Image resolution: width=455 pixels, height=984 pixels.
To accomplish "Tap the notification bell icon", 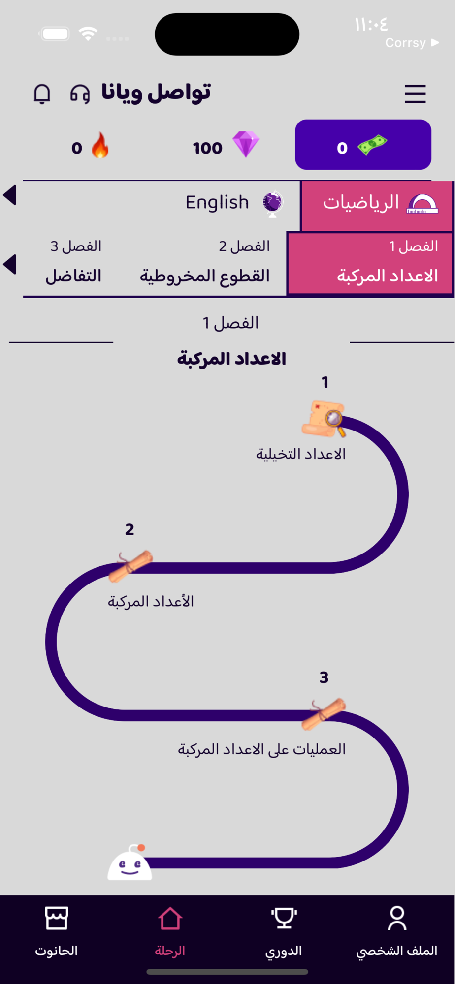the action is pos(42,93).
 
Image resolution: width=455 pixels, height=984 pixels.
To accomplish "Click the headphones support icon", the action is pos(80,93).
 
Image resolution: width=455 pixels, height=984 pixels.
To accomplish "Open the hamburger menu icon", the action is pos(415,94).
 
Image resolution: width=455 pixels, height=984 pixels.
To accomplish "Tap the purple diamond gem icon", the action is pos(246,144).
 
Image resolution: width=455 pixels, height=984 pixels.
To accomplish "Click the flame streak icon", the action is pos(100,145).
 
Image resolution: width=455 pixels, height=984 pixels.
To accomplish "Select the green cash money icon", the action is pos(372,145).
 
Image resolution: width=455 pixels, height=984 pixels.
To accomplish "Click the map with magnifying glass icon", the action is pos(324,419).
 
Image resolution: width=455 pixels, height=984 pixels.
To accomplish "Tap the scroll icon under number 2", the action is pos(130,566).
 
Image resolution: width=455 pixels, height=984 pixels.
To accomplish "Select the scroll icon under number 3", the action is pos(324,714).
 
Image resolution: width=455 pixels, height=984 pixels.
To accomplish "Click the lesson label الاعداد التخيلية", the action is pos(301,454).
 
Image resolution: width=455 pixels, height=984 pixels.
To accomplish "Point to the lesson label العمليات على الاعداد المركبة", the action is pos(262,749).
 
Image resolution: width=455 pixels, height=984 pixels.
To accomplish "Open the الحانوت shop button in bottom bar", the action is pos(56,931).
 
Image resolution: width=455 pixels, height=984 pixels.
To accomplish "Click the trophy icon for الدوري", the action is pos(284,918).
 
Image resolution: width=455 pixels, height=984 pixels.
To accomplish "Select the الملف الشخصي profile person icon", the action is pos(397,918).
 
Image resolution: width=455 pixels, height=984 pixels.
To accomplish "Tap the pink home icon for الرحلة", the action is pos(170,918).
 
